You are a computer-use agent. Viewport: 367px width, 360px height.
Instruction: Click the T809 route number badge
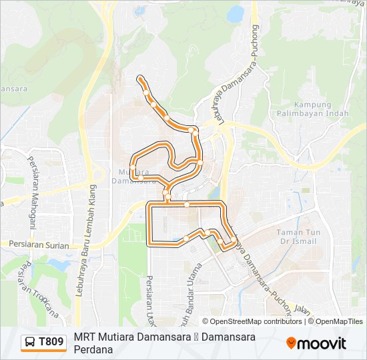pos(44,343)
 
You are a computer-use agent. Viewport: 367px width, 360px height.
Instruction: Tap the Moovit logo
pos(316,343)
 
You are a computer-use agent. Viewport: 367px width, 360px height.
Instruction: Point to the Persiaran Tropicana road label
pos(37,291)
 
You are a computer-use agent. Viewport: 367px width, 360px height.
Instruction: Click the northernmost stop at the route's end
pos(139,79)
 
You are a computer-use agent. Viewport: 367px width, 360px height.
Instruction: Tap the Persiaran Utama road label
pos(147,293)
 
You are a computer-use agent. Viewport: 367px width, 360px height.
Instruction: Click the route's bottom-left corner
pos(149,245)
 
